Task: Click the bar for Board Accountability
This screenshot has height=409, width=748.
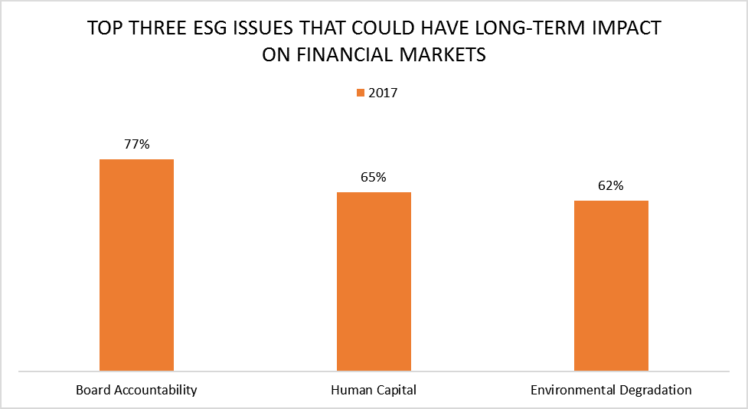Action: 136,265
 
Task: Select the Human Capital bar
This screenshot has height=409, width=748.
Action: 374,281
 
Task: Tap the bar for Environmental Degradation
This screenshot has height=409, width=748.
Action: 611,286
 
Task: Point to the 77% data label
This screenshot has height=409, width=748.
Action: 136,144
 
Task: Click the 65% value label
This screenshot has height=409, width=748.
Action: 374,177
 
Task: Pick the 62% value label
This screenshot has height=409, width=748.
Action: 611,185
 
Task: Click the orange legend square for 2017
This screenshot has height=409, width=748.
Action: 360,93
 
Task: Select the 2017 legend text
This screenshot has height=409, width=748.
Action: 383,93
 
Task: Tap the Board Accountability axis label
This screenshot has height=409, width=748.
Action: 136,390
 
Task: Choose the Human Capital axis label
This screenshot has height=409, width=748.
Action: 374,390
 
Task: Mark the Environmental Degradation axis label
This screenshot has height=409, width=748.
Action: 611,390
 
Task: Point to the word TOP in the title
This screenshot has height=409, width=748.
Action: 103,30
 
